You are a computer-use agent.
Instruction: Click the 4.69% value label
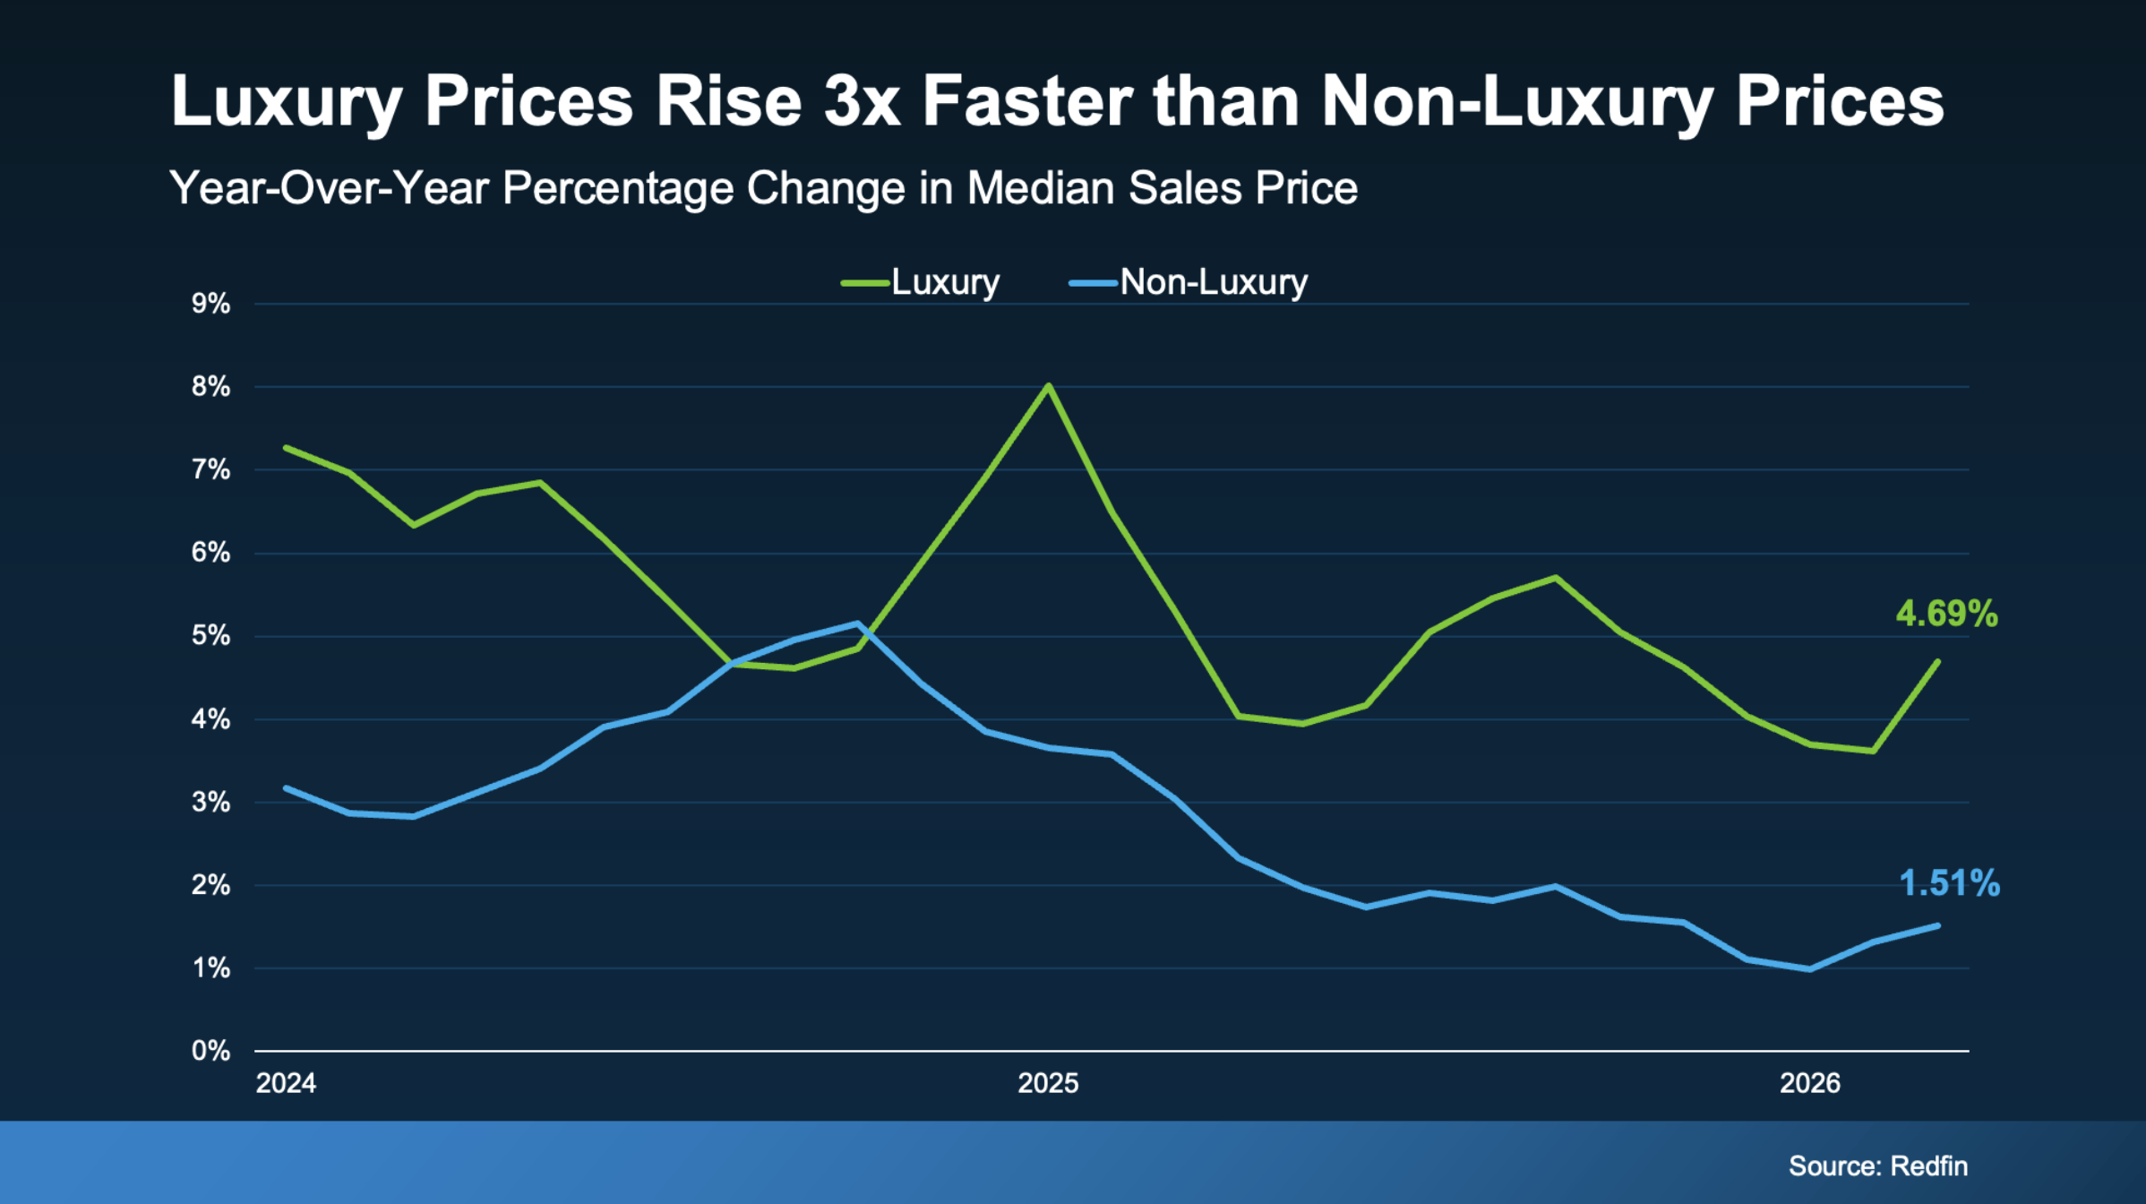point(1946,614)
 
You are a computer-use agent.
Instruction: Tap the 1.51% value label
point(1949,883)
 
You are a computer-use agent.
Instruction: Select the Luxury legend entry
point(920,282)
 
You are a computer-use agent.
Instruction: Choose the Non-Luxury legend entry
point(1189,282)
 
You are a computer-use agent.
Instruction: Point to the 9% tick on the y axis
point(210,304)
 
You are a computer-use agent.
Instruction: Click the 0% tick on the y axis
point(210,1051)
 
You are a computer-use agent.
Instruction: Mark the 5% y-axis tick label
point(210,636)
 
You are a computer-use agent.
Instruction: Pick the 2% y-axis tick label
point(210,885)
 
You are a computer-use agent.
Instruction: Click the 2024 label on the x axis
point(286,1083)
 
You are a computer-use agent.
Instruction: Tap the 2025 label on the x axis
point(1048,1083)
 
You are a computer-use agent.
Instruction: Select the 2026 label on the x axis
point(1809,1083)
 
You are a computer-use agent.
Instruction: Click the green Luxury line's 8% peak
point(1048,386)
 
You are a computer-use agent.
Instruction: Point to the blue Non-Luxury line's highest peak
point(858,623)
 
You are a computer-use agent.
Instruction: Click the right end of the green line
point(1938,662)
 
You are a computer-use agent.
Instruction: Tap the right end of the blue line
point(1938,925)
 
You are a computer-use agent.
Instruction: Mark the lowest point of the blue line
point(1810,969)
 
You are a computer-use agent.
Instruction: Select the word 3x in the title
point(862,100)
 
